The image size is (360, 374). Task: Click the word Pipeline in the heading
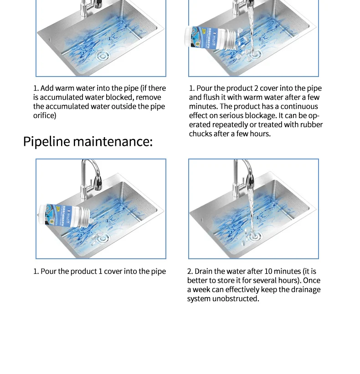[46, 141]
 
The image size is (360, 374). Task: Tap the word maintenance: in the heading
[113, 141]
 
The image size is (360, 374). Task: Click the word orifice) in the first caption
[44, 116]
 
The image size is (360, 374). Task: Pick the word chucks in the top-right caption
[201, 134]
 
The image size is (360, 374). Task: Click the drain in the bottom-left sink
[103, 238]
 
